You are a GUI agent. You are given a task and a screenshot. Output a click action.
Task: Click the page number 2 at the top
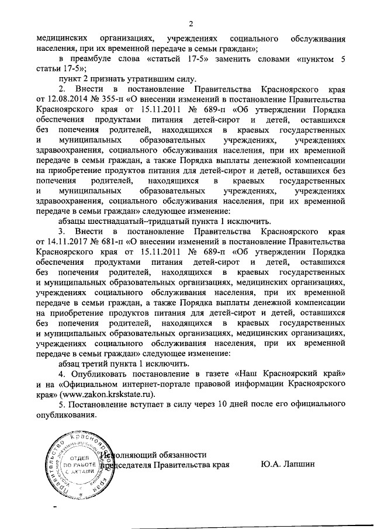click(190, 24)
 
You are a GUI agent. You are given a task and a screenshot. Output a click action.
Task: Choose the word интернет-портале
click(162, 385)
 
